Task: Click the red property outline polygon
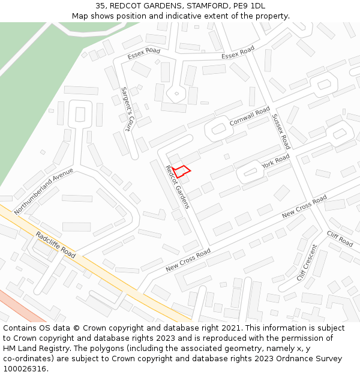point(182,171)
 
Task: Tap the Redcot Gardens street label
point(178,188)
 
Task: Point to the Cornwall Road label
point(250,117)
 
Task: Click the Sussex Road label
point(280,131)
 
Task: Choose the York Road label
point(275,161)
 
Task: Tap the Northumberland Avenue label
point(43,191)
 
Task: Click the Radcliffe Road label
point(55,245)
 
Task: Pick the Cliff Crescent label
point(307,263)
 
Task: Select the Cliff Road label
point(340,238)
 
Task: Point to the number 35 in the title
point(100,5)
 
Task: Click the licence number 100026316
point(25,369)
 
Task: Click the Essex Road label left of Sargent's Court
point(144,54)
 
